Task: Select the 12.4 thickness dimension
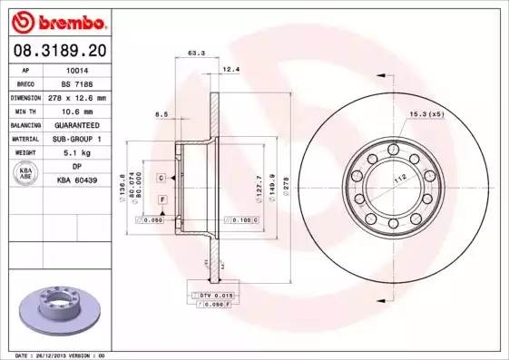[x=230, y=69]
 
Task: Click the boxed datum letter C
[x=161, y=177]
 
